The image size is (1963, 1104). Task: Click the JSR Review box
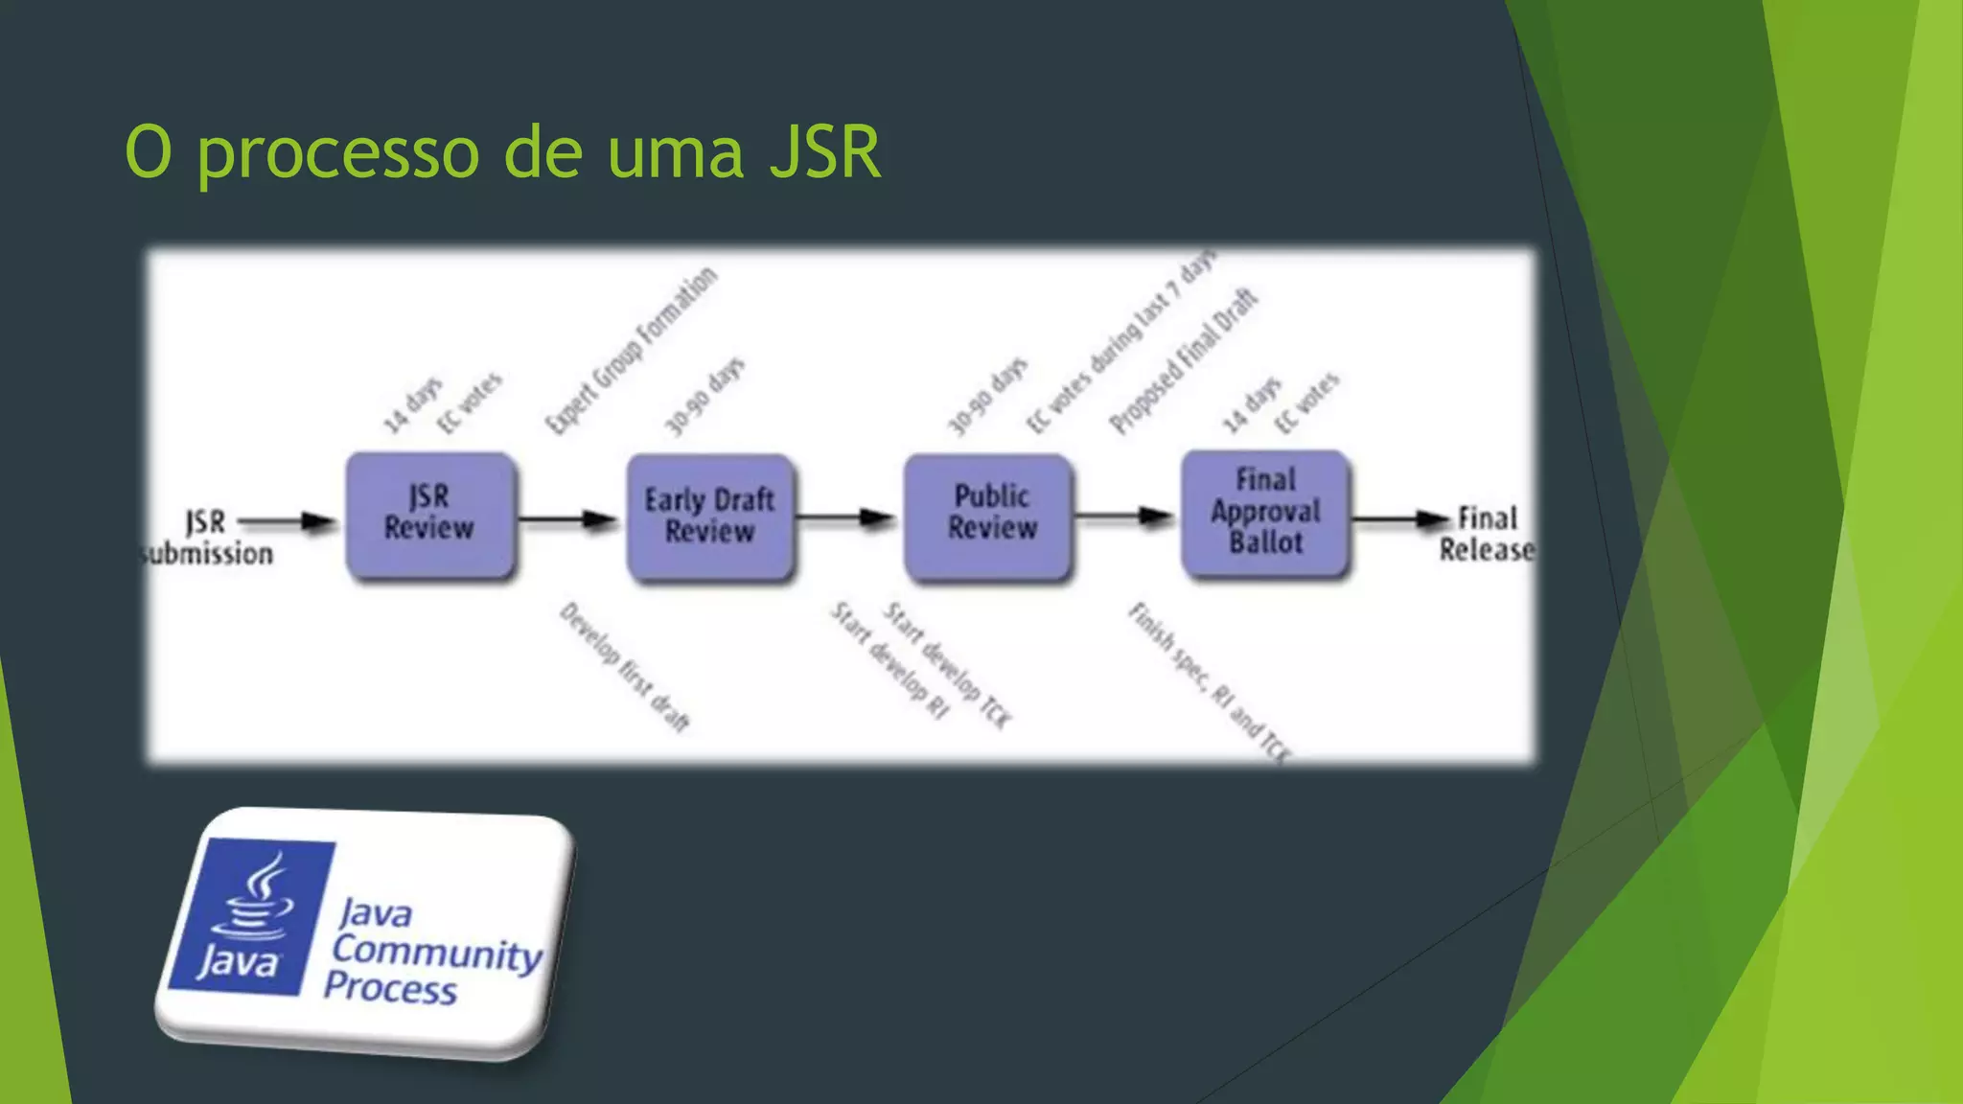coord(429,516)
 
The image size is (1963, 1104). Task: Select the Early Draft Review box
coord(709,517)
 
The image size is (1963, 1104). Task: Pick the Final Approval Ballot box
coord(1265,513)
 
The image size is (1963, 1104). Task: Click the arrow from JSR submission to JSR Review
coord(288,522)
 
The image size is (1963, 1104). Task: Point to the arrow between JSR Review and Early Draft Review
coord(568,520)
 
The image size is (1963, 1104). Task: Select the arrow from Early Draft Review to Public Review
coord(845,518)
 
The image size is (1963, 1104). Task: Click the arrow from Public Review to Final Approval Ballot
coord(1123,517)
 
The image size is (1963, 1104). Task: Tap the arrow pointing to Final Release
coord(1399,519)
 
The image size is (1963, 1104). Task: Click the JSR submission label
coord(207,538)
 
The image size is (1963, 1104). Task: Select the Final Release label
coord(1486,534)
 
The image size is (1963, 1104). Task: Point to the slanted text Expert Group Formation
coord(631,350)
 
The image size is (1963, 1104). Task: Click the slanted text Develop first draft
coord(625,667)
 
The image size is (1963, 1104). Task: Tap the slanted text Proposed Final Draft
coord(1183,360)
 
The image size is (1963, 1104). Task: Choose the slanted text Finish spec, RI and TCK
coord(1210,682)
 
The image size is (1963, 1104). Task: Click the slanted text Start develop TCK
coord(947,665)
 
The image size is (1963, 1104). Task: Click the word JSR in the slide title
coord(825,151)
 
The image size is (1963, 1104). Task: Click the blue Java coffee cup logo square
coord(251,915)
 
